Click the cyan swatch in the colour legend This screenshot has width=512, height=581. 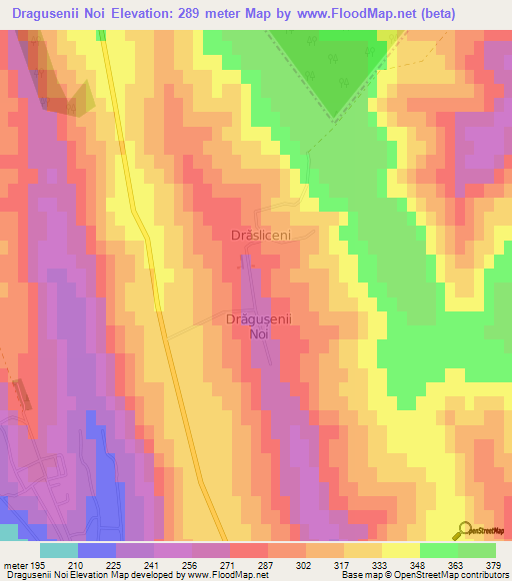point(58,550)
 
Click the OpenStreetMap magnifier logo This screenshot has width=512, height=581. point(464,531)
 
